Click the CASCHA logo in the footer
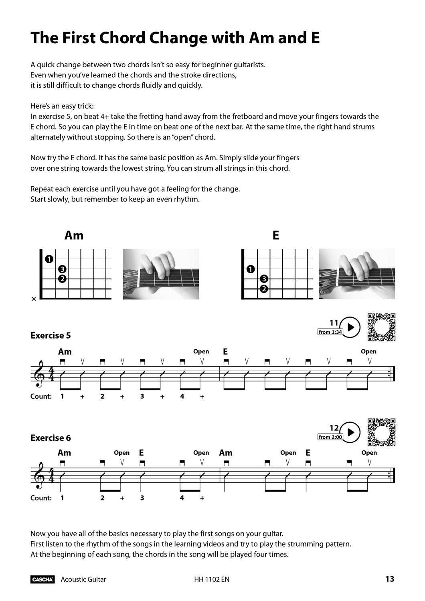point(42,579)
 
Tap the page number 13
point(390,579)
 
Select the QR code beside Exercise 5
point(382,327)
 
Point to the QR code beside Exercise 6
point(382,432)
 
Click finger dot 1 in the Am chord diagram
point(49,259)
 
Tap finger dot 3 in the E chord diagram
point(264,279)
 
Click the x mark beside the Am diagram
point(34,299)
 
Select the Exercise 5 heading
point(51,335)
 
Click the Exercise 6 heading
point(51,438)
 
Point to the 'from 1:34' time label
point(330,332)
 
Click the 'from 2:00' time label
point(330,437)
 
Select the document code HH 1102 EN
point(211,579)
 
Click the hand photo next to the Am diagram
point(161,274)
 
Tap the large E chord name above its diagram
point(275,235)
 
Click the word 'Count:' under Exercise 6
point(41,498)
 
